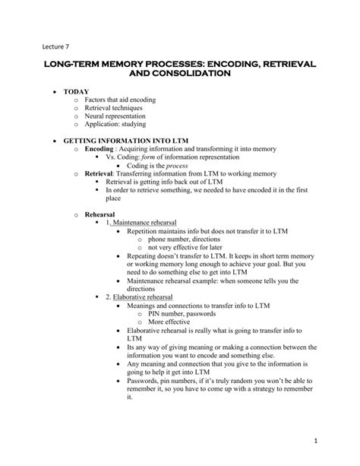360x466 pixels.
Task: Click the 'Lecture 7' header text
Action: point(55,46)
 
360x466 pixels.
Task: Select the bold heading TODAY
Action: point(76,98)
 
